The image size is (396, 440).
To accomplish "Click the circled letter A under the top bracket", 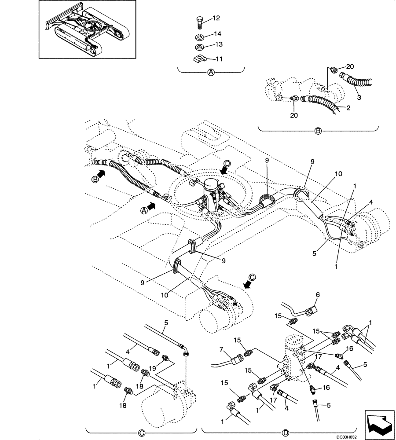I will (211, 73).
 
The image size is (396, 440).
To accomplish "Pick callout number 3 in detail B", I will (359, 98).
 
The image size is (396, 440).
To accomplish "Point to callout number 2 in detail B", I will (348, 108).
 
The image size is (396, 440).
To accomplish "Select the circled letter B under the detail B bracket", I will (318, 131).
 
